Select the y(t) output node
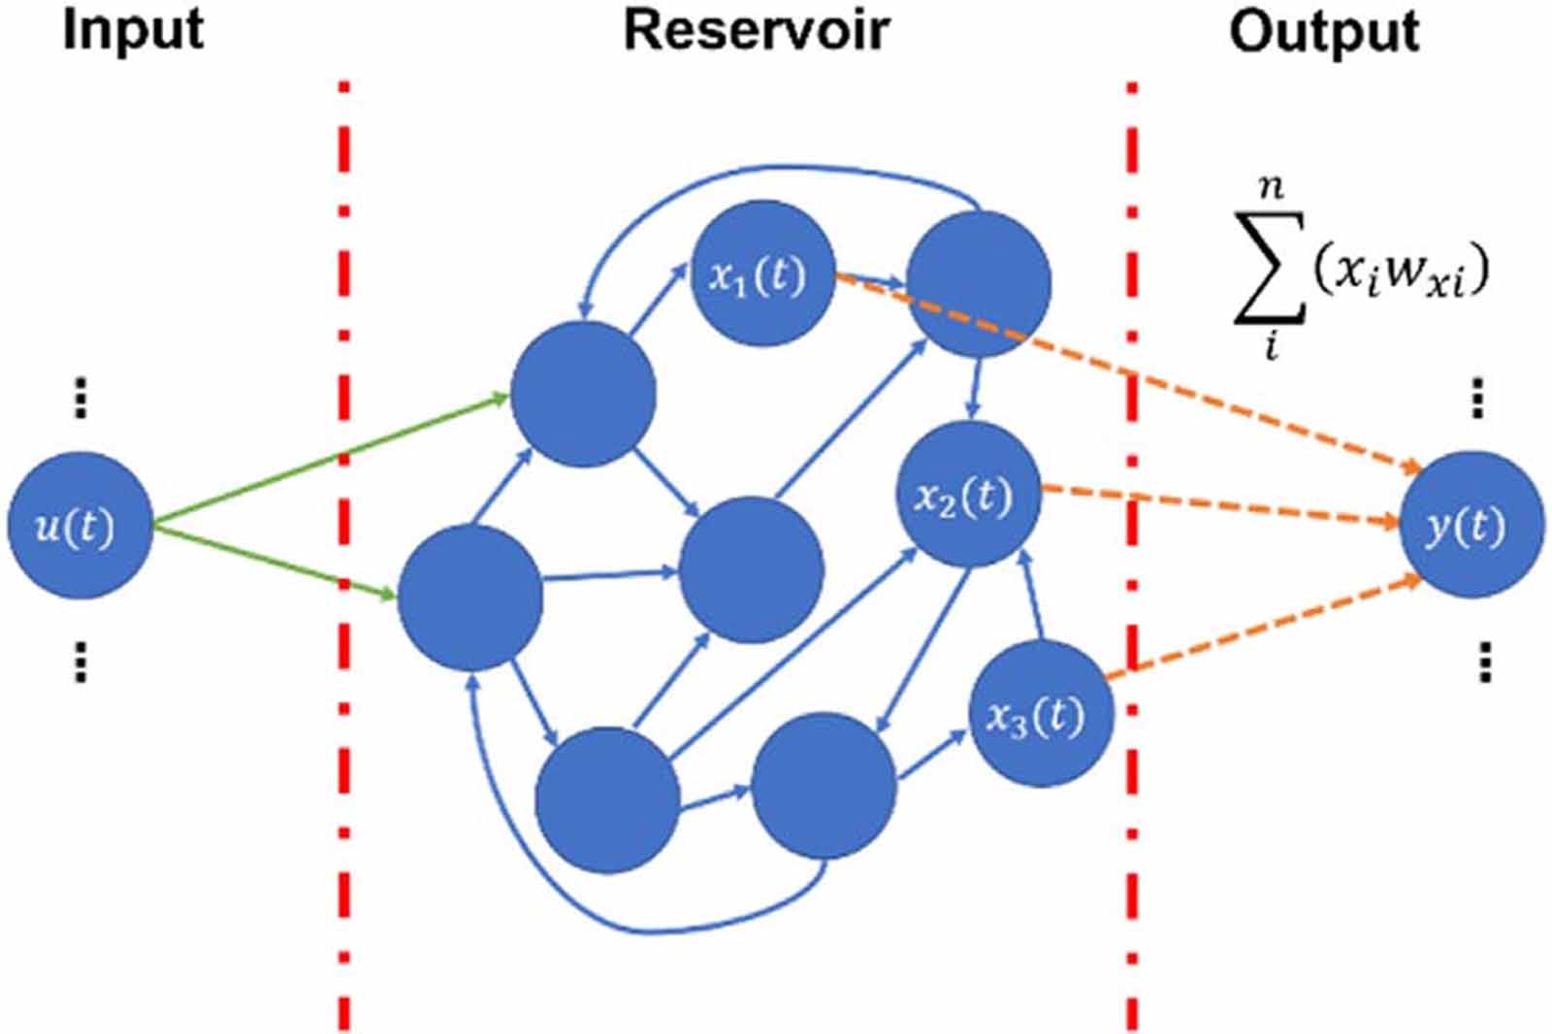[1470, 525]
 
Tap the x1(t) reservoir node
[761, 275]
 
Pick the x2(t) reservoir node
[967, 495]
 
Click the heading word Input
[133, 29]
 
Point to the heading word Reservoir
[756, 29]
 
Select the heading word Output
[1324, 31]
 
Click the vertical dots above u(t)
[81, 398]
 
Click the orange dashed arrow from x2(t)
[1222, 505]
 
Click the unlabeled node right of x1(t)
[979, 284]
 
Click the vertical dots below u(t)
[81, 662]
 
